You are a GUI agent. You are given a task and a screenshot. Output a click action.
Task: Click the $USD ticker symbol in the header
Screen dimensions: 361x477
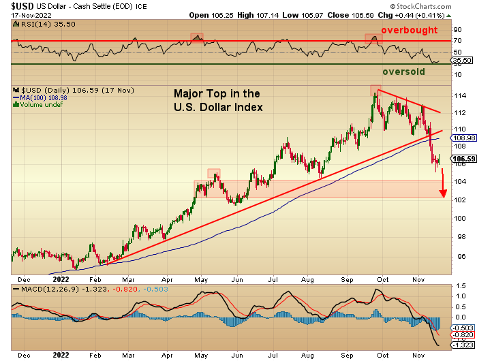click(x=16, y=5)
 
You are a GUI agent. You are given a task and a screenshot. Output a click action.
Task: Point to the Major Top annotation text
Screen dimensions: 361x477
click(x=217, y=100)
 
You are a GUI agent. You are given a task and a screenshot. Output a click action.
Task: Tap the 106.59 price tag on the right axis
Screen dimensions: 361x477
click(x=460, y=159)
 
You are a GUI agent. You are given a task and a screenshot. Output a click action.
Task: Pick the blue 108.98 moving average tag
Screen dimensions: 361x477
click(x=460, y=138)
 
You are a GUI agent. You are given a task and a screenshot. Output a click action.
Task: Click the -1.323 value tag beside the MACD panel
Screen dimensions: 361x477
click(x=460, y=345)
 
